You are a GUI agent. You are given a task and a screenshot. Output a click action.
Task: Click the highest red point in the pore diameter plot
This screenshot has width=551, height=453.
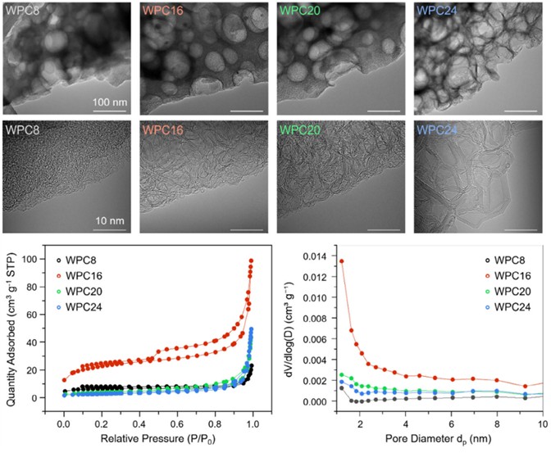(341, 261)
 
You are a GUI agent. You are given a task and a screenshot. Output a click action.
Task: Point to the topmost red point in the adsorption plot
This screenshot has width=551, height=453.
(251, 260)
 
